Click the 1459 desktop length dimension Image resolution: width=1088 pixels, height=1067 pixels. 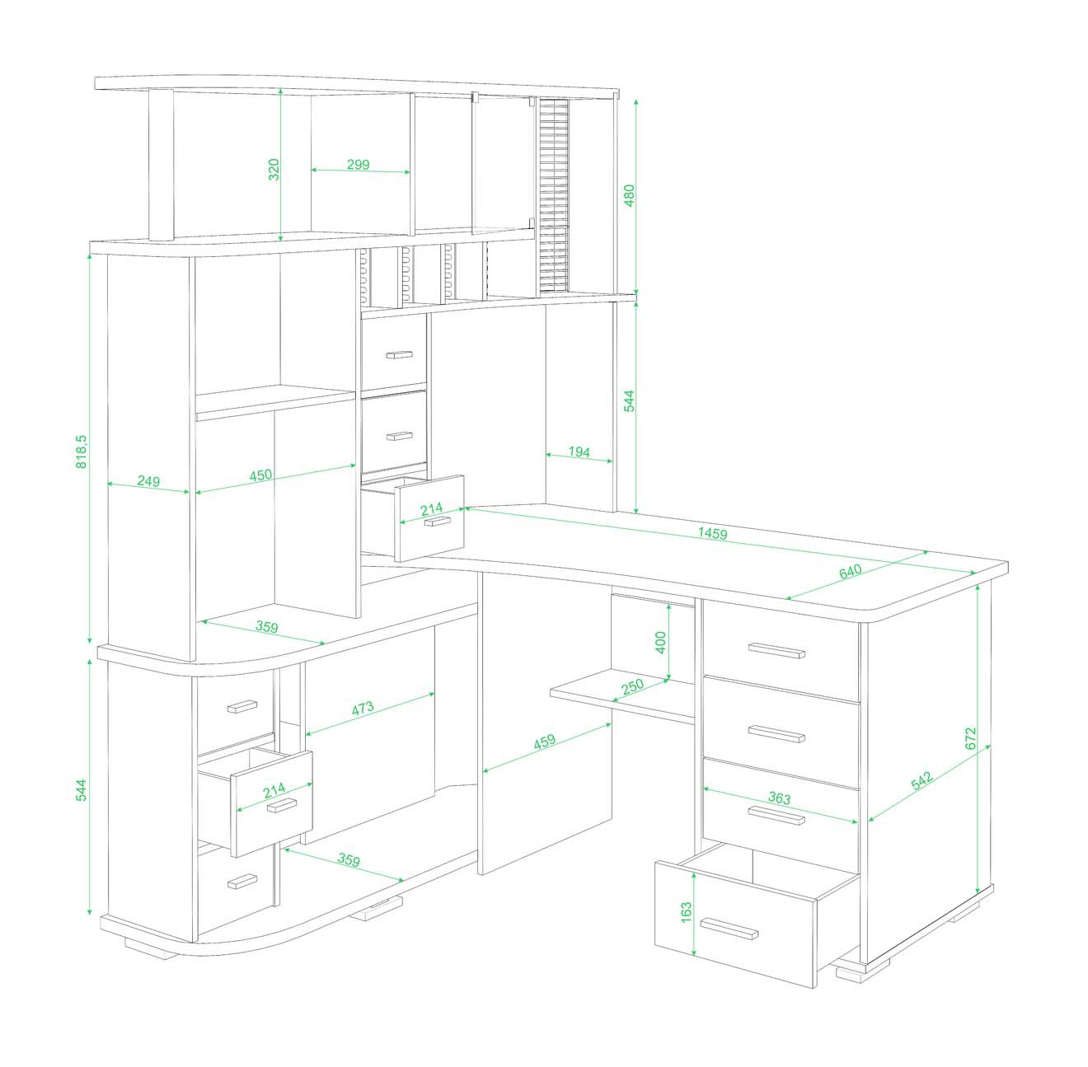pos(712,534)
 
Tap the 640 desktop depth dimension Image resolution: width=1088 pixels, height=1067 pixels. pos(850,571)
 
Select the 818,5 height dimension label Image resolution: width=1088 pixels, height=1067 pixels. pos(82,451)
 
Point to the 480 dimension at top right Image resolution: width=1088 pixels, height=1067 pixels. pos(629,195)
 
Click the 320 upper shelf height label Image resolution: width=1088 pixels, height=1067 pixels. pos(274,170)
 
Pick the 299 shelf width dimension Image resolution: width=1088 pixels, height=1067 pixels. pos(358,164)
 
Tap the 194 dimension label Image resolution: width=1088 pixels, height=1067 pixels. pos(579,452)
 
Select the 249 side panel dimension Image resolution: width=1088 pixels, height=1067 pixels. pos(148,481)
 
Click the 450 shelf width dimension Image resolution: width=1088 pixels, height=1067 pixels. pos(260,475)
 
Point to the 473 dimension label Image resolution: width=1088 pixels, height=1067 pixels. pos(363,708)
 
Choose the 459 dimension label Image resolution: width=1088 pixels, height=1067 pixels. pos(544,742)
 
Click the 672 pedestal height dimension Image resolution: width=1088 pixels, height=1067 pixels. pos(970,738)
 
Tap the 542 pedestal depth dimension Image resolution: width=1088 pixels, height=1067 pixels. pos(922,779)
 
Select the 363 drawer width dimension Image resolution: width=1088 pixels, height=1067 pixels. pos(779,798)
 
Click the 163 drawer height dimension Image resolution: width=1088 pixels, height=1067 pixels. pos(686,912)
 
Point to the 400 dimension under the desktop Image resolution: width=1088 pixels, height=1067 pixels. pos(660,642)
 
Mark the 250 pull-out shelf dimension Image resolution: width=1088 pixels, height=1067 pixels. pos(632,686)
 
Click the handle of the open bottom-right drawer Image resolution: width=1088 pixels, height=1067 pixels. pos(729,929)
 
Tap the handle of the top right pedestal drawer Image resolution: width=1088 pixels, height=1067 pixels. pos(776,650)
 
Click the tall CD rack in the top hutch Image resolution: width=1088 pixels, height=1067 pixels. pos(554,195)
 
